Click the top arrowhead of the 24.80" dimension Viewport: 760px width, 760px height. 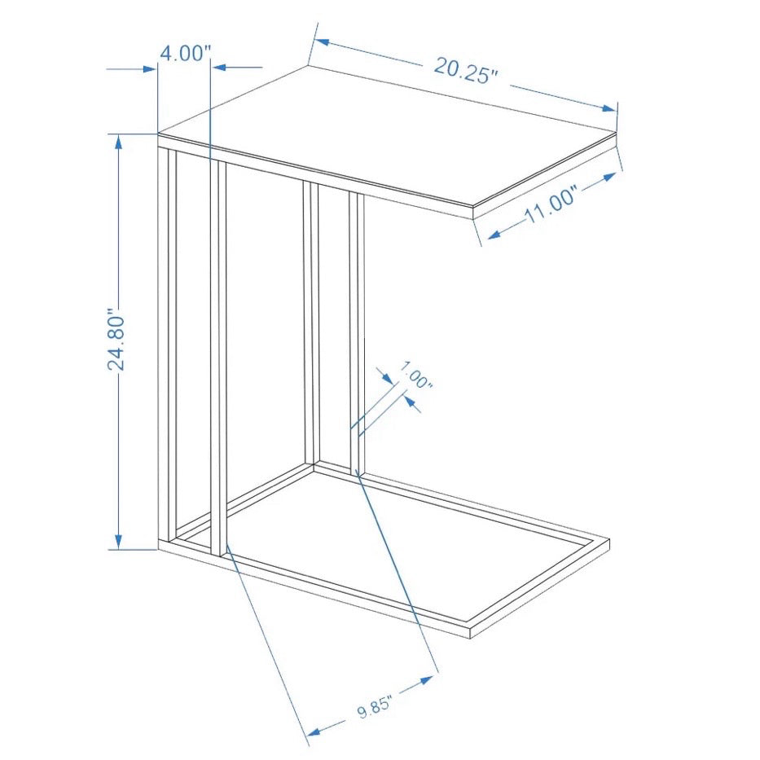tap(118, 141)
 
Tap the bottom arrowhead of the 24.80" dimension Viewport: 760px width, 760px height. tap(118, 543)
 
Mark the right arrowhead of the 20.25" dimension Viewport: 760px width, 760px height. tap(608, 108)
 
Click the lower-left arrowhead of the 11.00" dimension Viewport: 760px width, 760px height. tap(494, 235)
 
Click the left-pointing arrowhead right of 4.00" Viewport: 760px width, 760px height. tap(221, 68)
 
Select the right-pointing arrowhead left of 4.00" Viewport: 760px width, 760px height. tap(150, 69)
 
